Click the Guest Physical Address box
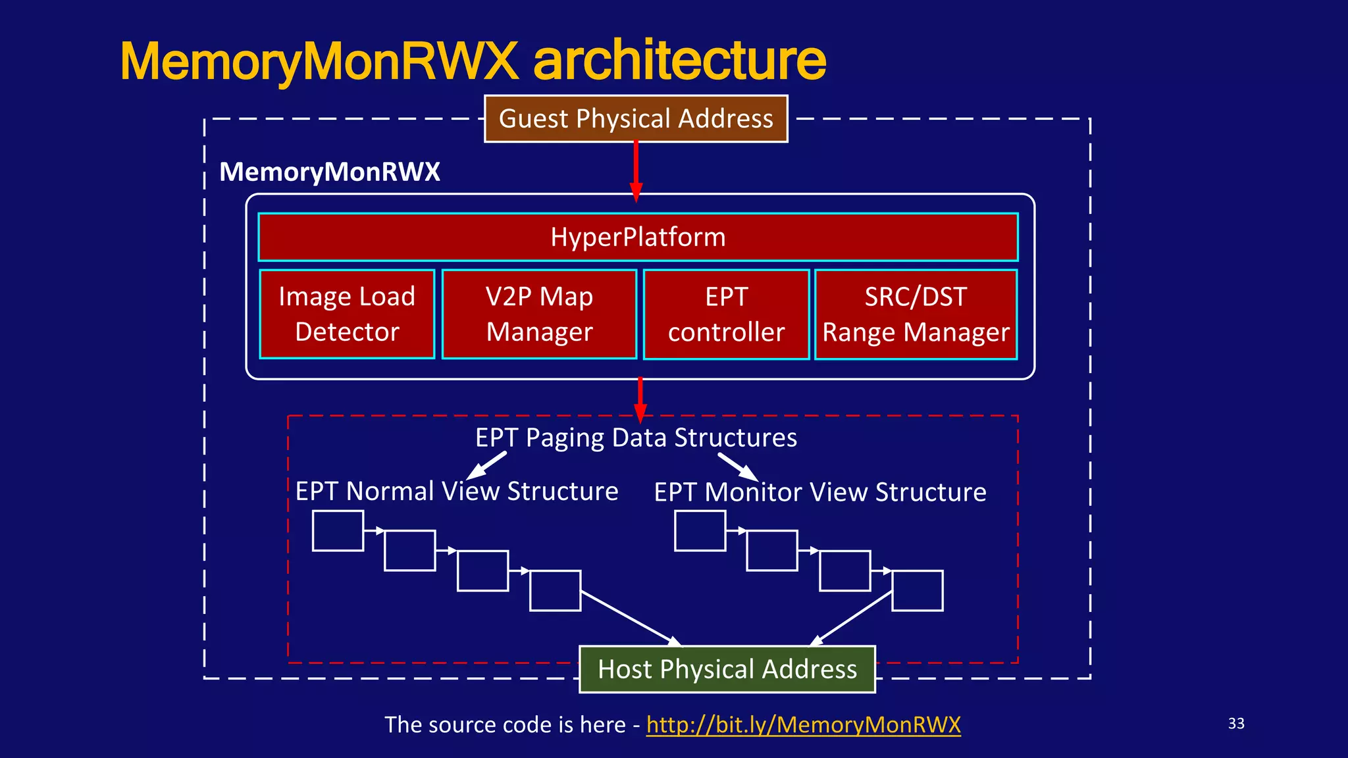click(636, 118)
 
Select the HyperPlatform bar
click(638, 237)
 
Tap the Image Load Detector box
click(347, 314)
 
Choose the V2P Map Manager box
click(539, 314)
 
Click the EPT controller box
click(726, 315)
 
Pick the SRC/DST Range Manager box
click(916, 315)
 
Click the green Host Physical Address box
click(727, 669)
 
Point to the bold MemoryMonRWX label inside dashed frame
click(329, 172)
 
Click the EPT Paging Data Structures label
click(636, 438)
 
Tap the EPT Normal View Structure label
click(456, 492)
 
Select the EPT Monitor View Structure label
click(819, 492)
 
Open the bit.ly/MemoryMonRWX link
click(803, 724)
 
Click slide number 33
click(1236, 723)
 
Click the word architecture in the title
click(679, 61)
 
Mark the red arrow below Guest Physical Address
click(636, 170)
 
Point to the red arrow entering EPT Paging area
click(640, 399)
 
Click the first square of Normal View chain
click(338, 530)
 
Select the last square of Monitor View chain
click(918, 591)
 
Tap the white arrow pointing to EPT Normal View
click(486, 465)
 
